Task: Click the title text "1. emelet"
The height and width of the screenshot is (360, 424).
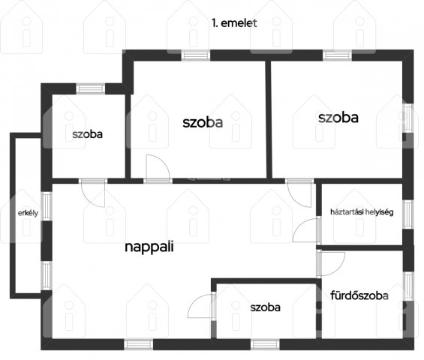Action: coord(234,23)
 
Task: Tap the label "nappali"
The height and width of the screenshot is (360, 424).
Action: coord(149,247)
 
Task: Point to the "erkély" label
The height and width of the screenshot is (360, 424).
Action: coord(28,213)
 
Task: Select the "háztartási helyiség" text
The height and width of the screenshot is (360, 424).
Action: coord(362,212)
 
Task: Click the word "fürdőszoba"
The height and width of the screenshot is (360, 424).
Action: coord(359,295)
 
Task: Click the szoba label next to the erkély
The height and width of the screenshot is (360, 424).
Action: coord(87,134)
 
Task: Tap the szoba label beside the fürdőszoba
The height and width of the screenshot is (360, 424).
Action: coord(265,307)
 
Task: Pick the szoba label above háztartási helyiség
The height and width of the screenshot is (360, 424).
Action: coord(338,118)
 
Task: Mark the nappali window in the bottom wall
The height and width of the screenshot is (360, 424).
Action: coord(138,344)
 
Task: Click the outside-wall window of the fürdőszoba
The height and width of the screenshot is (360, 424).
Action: coord(408,286)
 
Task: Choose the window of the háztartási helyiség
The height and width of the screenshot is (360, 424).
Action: coord(408,214)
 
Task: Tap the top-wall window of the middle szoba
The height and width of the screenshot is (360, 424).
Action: coord(196,55)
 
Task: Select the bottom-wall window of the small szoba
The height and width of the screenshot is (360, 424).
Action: coord(265,344)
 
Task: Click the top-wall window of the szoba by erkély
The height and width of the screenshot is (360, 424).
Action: coord(90,88)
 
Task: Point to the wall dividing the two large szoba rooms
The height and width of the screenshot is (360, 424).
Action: coord(269,120)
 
